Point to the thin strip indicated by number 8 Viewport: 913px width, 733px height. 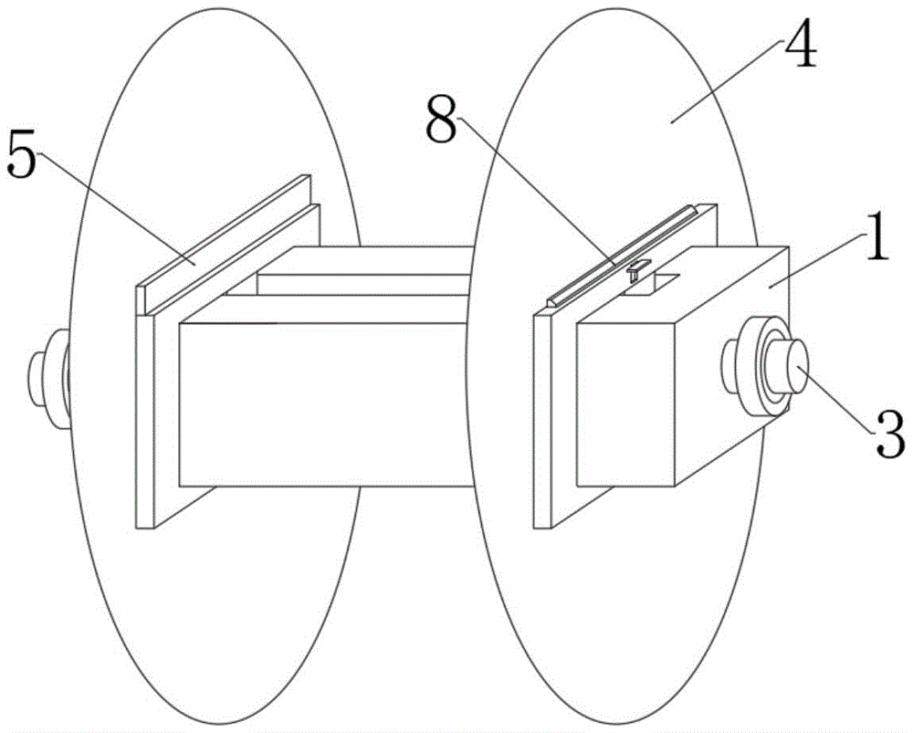pos(621,256)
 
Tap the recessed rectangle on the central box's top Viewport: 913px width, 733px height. pos(365,284)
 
